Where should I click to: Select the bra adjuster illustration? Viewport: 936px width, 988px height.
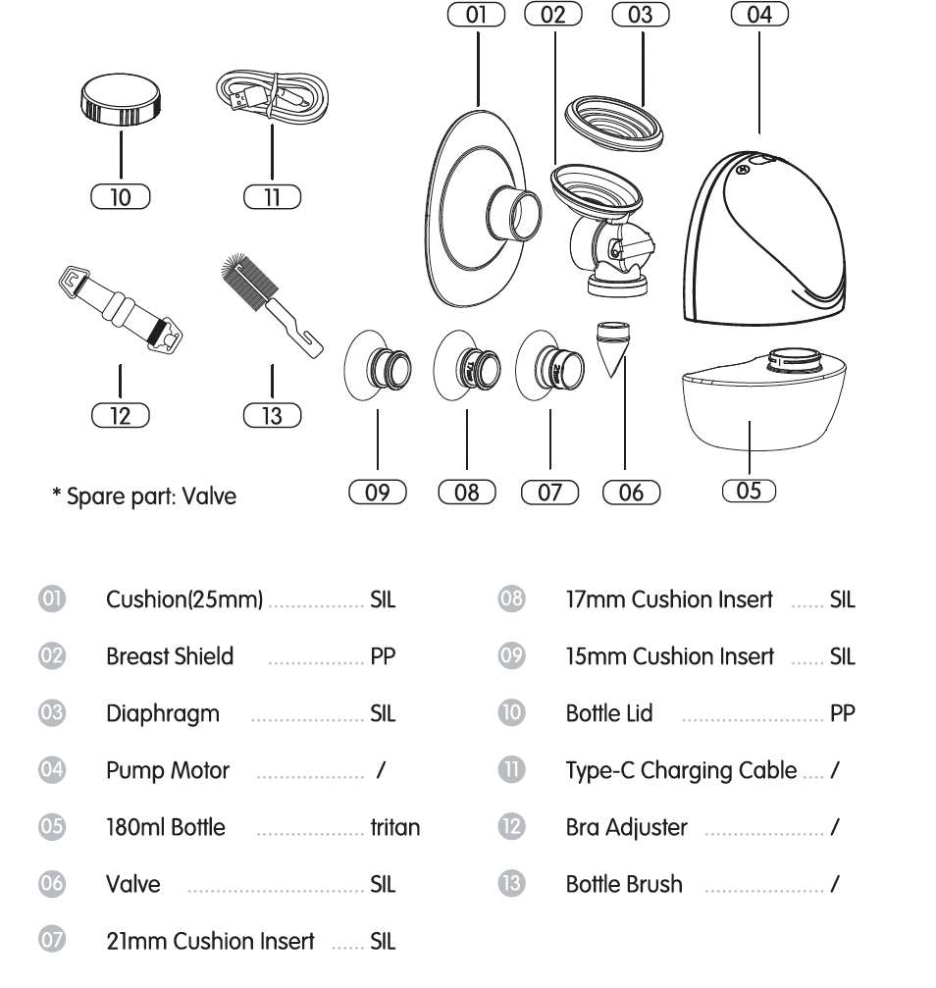[121, 308]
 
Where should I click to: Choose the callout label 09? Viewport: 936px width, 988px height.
[378, 492]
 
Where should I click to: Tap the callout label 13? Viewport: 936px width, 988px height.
[272, 416]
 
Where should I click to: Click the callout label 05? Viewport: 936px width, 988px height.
[748, 491]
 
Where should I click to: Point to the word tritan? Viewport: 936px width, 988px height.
[395, 827]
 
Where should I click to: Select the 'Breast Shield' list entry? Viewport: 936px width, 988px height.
[170, 656]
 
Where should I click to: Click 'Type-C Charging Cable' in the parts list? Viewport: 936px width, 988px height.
[681, 770]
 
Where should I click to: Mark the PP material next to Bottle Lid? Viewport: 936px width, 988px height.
[842, 713]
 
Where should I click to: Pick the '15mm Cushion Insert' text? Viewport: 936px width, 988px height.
[669, 656]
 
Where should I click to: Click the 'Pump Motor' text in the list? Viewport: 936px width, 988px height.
[168, 770]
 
